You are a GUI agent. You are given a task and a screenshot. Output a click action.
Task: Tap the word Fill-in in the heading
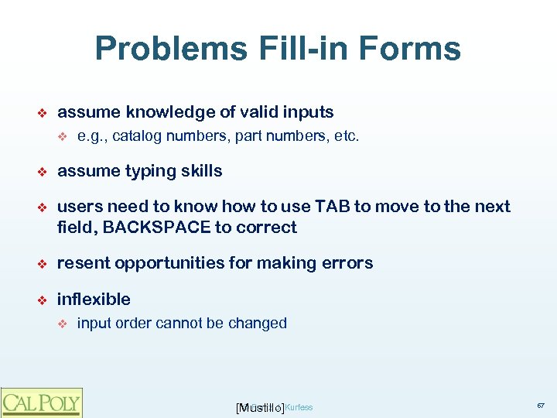click(295, 49)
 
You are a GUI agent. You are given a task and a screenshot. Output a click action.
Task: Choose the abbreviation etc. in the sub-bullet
click(346, 137)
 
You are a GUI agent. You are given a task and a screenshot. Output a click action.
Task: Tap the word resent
click(82, 263)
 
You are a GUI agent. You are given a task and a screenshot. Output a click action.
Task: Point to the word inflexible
click(94, 299)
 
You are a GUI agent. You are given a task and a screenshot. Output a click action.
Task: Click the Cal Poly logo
click(41, 402)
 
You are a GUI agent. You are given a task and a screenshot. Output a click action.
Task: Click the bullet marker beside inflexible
click(43, 300)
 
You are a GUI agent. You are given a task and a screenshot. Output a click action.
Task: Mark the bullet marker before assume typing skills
click(43, 172)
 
